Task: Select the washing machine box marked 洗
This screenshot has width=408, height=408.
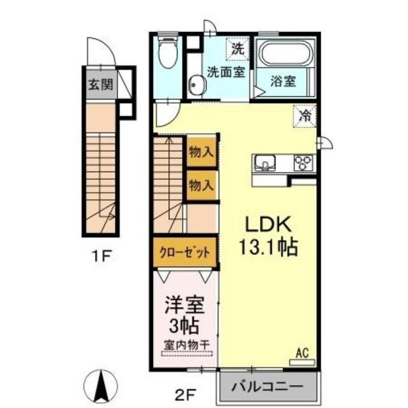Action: (238, 48)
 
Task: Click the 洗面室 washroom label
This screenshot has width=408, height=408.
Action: (225, 71)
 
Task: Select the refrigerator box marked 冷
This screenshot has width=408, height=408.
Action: (306, 116)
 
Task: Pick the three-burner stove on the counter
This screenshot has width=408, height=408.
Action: (303, 163)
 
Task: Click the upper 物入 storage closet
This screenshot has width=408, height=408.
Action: (201, 152)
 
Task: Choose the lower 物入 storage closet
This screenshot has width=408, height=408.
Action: (201, 186)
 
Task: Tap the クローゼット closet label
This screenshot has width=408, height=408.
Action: (185, 252)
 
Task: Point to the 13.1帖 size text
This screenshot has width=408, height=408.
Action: (268, 247)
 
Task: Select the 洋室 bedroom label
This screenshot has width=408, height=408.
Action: (184, 303)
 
